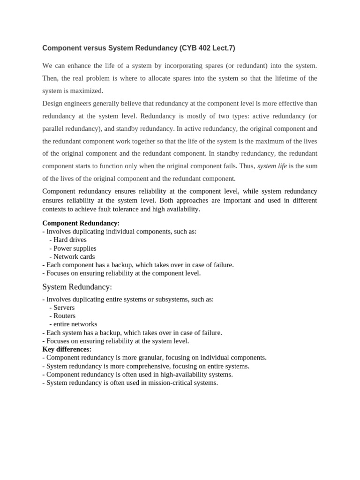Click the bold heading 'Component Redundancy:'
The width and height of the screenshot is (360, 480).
pos(81,223)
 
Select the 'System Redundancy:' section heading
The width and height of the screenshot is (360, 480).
pos(77,286)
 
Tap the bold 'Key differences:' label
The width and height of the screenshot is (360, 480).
pos(67,349)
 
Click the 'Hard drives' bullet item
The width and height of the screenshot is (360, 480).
pos(70,240)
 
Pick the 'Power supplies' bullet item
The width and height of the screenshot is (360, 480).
pos(75,248)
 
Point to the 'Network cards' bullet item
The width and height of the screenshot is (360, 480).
pos(74,256)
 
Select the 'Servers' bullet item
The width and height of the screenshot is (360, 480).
pos(64,307)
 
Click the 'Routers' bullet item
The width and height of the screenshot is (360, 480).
pos(64,315)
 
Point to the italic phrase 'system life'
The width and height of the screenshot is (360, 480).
pos(272,166)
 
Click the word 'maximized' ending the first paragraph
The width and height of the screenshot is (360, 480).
pos(87,90)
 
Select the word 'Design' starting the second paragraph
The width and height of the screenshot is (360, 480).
pos(52,103)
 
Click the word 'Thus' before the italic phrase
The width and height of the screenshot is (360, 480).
pos(247,166)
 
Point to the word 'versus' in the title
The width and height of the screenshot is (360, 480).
pos(94,48)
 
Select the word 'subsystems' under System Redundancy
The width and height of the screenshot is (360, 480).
pos(165,299)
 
